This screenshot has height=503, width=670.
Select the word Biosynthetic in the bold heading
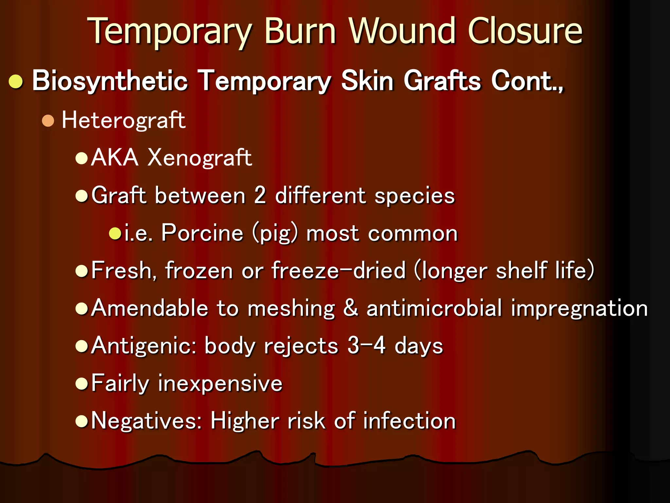click(x=110, y=81)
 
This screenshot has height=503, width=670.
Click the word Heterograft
click(x=124, y=120)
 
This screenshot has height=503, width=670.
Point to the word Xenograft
click(x=200, y=158)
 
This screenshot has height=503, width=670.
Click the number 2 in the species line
click(x=260, y=196)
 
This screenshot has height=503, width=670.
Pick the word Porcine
click(x=202, y=233)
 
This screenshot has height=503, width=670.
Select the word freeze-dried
click(x=339, y=270)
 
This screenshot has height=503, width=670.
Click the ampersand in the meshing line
click(x=350, y=308)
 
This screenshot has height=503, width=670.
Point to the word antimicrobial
click(x=434, y=308)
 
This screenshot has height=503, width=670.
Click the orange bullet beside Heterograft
click(x=48, y=121)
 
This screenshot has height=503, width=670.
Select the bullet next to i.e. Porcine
click(x=115, y=233)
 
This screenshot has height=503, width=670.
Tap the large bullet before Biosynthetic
click(x=16, y=82)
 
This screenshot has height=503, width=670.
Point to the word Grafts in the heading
click(x=442, y=81)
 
